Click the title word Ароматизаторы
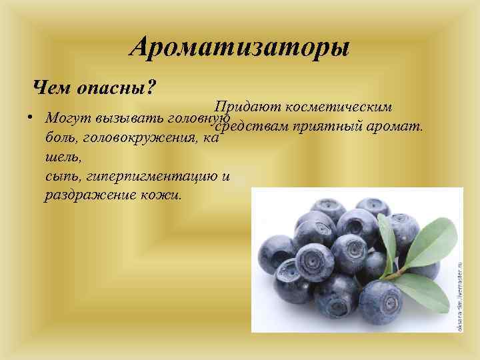[239, 47]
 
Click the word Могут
[67, 118]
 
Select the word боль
[59, 139]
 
